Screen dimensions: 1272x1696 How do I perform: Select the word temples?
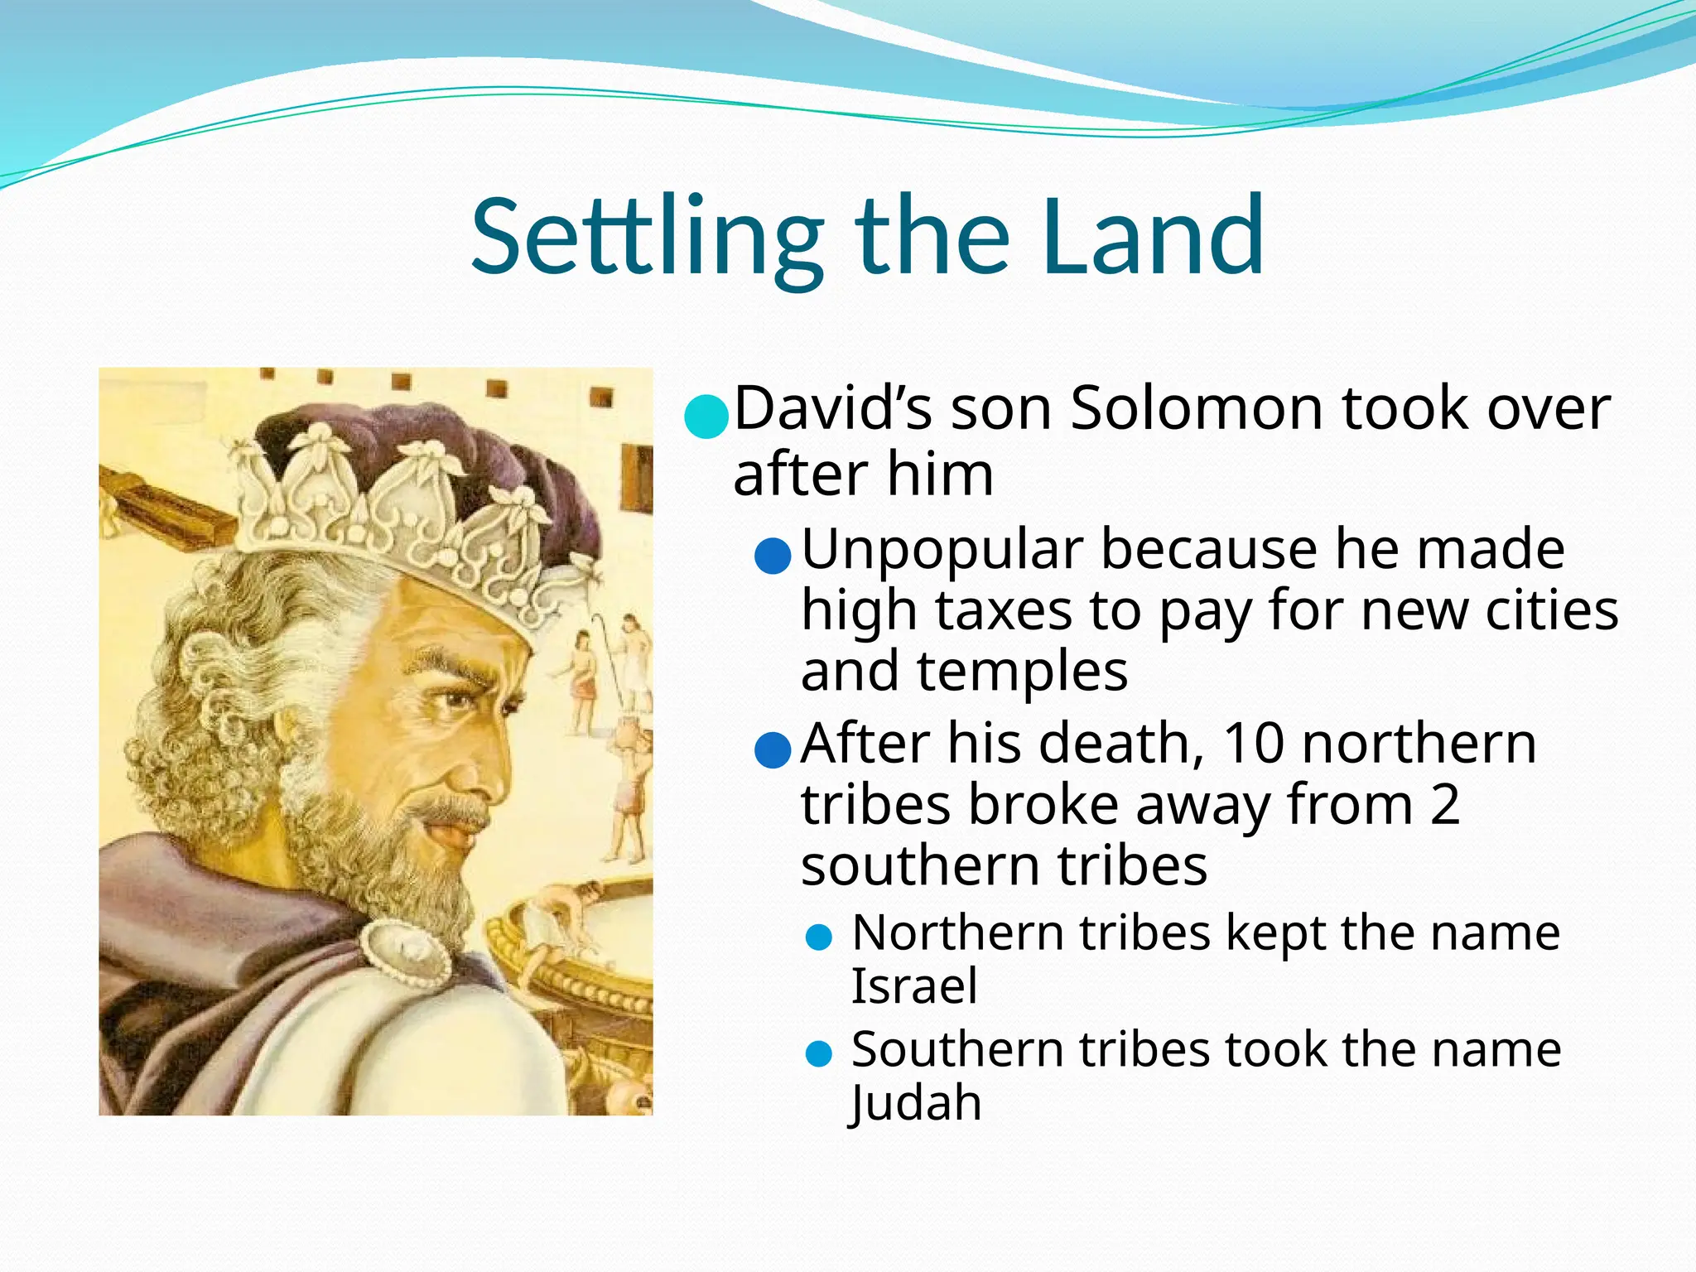click(1021, 672)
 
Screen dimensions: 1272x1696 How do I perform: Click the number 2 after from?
click(1444, 804)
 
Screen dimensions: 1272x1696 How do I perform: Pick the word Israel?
click(914, 986)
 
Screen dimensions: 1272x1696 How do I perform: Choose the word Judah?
click(916, 1104)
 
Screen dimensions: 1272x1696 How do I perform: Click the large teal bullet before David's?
click(706, 415)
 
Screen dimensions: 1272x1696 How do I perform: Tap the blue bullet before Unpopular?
click(773, 556)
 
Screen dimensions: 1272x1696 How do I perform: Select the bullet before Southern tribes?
click(818, 1054)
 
